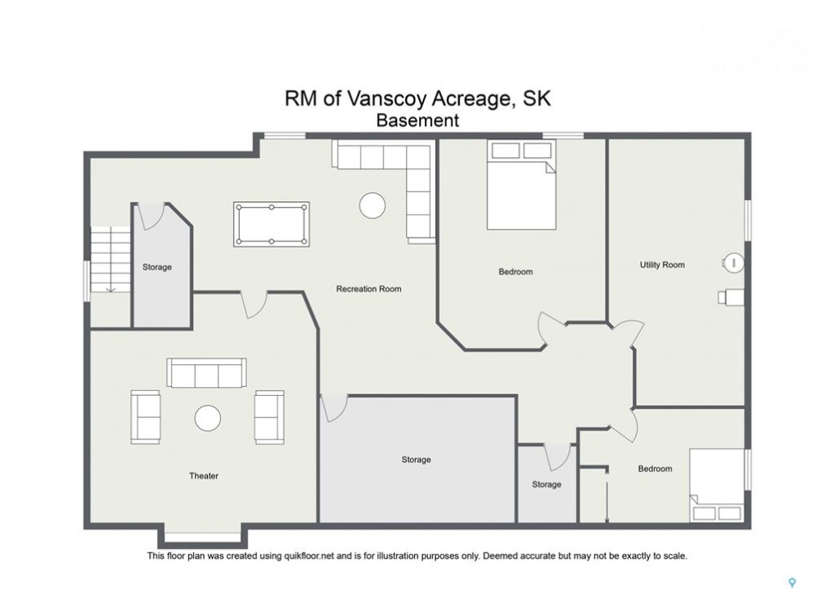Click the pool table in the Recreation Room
pos(271,224)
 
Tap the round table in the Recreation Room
pos(372,205)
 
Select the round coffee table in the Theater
pos(207,418)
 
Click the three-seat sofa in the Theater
pos(206,373)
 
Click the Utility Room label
pos(662,265)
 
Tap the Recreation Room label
pos(368,290)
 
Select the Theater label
pos(204,476)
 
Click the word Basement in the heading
pos(417,120)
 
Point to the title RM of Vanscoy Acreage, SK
pos(417,98)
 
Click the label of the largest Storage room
pos(416,459)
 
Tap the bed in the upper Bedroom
pos(521,184)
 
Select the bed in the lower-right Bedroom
pos(717,485)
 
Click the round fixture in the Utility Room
pos(733,263)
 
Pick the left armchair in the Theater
pos(145,417)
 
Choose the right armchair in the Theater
pos(269,417)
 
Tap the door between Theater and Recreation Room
pos(254,304)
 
